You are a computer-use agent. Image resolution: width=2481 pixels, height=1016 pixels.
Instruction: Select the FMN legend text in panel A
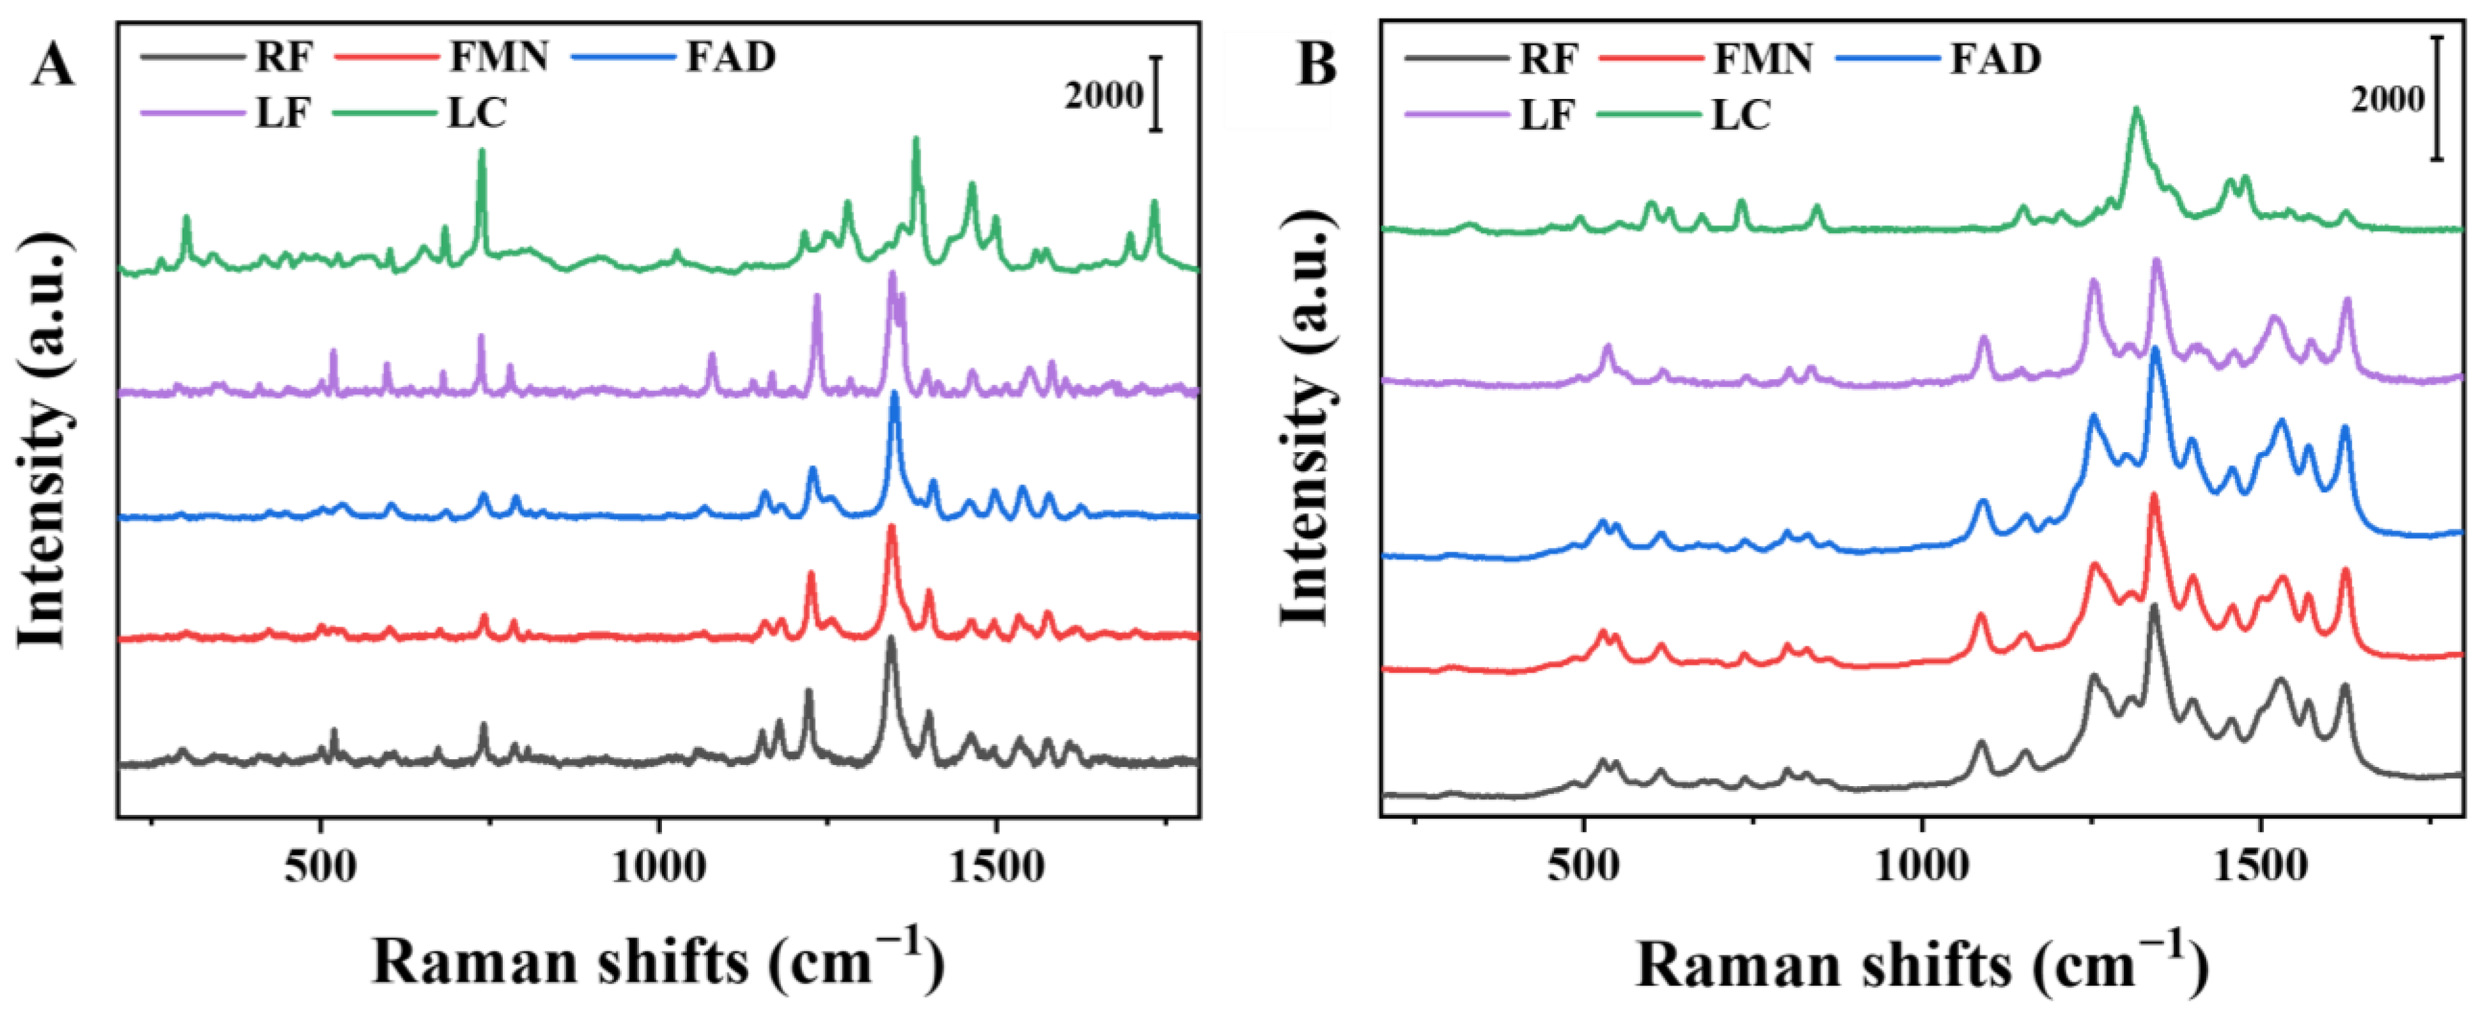[499, 57]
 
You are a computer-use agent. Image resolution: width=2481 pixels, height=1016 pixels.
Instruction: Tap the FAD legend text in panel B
[1995, 59]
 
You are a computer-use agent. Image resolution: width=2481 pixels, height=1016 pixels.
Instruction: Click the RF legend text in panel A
[284, 57]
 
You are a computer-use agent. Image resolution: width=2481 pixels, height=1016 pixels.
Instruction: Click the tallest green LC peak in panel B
[2137, 139]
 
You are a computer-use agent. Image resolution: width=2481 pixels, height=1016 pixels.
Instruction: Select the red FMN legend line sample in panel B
[1648, 59]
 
